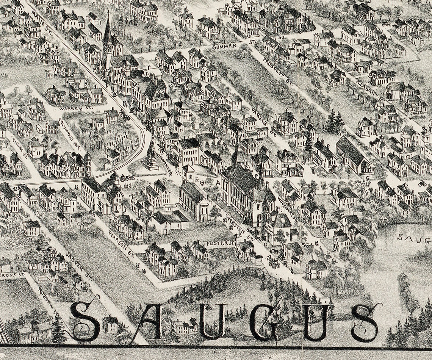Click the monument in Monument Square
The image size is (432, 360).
point(151,155)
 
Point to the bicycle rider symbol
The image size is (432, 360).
point(422,184)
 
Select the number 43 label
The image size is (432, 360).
point(15,188)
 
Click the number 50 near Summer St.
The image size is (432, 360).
point(281,38)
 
